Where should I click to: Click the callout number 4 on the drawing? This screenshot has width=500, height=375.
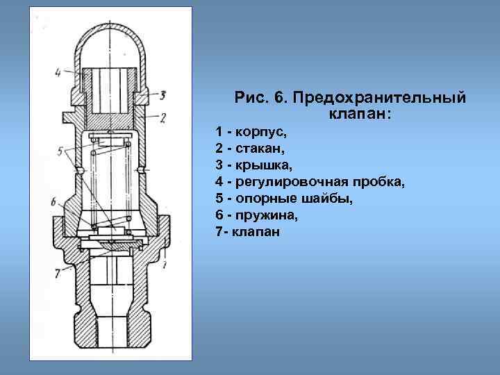[59, 70]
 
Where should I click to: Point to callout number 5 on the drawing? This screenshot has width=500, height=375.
[62, 149]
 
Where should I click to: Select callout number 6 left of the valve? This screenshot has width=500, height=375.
[53, 201]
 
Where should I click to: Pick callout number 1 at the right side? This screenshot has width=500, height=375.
[165, 265]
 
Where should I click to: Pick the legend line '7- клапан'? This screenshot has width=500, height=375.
[248, 232]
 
